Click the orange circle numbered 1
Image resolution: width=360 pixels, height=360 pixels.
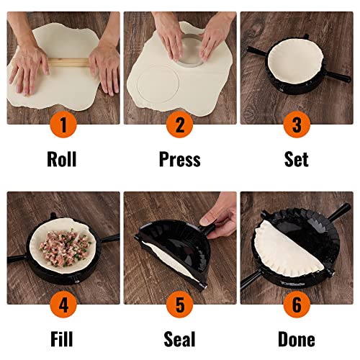pyautogui.click(x=62, y=125)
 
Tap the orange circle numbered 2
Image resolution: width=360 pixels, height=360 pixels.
pyautogui.click(x=179, y=125)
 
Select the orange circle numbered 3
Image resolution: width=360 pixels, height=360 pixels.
pyautogui.click(x=296, y=125)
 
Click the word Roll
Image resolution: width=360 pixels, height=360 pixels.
pyautogui.click(x=62, y=159)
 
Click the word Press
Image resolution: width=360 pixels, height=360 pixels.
pyautogui.click(x=179, y=159)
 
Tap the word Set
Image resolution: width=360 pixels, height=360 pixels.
pyautogui.click(x=296, y=159)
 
